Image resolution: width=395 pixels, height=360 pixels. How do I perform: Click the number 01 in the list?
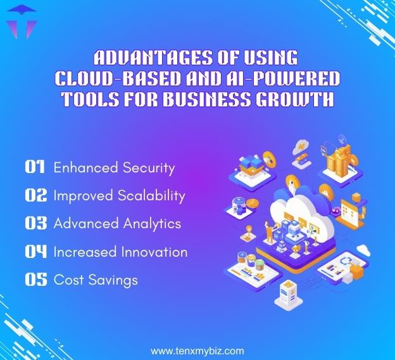tap(35, 167)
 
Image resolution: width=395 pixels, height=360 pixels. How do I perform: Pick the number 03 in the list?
tap(35, 223)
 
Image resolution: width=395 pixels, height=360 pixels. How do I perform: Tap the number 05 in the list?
tap(35, 279)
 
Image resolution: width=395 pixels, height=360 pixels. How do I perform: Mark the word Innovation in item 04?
tap(155, 252)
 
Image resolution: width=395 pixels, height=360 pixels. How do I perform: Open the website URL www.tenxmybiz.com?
tap(197, 350)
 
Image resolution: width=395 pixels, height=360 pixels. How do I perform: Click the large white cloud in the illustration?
tap(298, 207)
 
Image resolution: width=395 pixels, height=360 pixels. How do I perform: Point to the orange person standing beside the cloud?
tap(268, 233)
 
